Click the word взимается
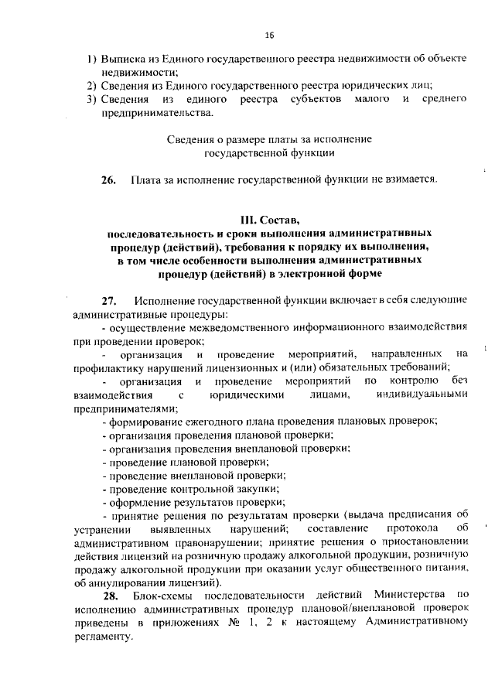coord(409,181)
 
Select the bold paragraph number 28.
coord(110,596)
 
